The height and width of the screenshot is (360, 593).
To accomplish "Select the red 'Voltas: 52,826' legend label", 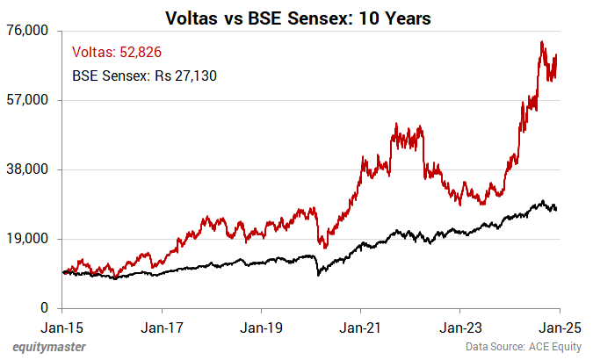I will (x=118, y=54).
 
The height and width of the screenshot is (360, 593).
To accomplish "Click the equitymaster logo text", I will (x=49, y=348).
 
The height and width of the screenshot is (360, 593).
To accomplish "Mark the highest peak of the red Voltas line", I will (x=542, y=41).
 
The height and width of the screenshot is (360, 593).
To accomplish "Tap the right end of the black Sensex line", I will (x=556, y=209).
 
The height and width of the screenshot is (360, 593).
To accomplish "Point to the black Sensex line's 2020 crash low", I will (x=318, y=275).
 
